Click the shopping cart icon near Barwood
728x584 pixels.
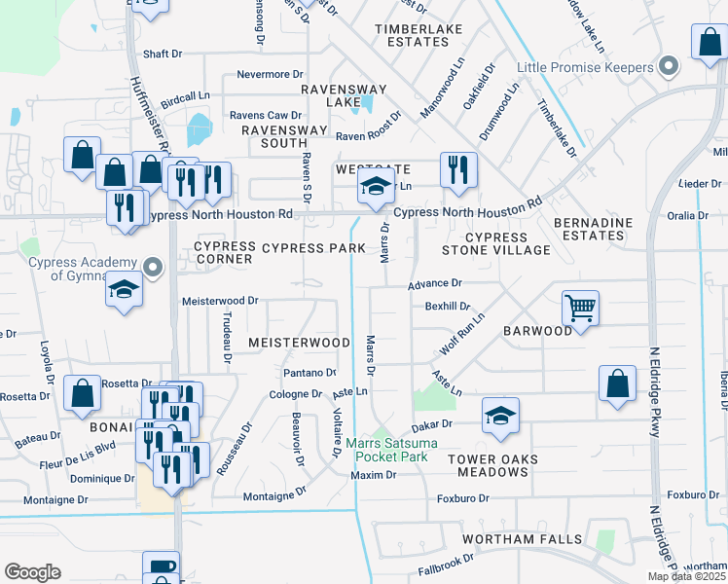tap(580, 309)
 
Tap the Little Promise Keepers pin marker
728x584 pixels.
tap(668, 66)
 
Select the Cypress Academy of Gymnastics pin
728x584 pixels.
tap(152, 267)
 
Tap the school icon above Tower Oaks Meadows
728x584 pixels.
tap(500, 416)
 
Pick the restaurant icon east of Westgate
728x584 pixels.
tap(454, 169)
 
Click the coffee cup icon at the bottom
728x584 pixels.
tap(161, 566)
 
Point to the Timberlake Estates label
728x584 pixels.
tap(424, 36)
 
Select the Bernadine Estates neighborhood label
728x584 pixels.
tap(593, 230)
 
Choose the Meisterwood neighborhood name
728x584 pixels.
tap(299, 343)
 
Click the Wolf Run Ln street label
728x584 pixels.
tap(462, 334)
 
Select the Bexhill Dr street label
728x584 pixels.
tap(448, 306)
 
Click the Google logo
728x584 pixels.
tap(32, 572)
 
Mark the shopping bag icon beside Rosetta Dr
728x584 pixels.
tap(83, 392)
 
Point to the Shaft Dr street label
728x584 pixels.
tap(163, 55)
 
